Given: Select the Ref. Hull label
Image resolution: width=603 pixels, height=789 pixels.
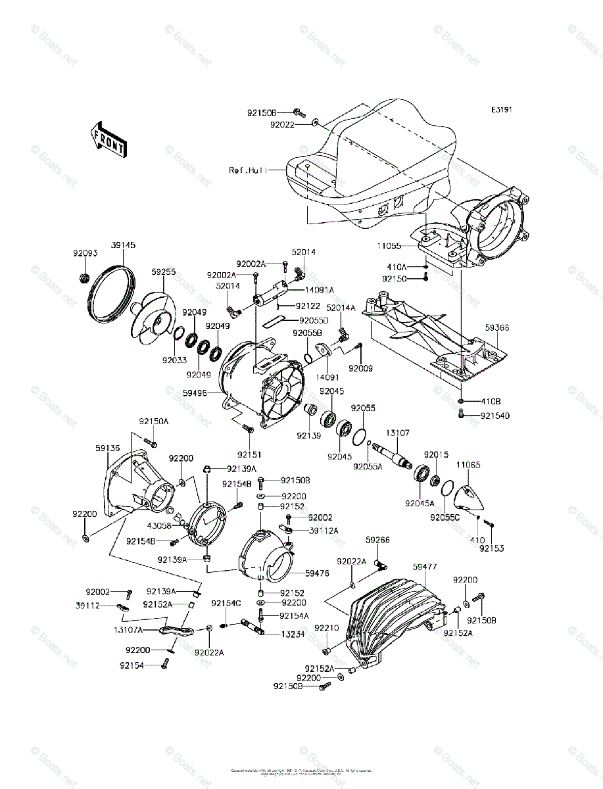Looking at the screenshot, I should coord(248,170).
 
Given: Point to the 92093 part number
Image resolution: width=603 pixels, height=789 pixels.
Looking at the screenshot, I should coord(85,252).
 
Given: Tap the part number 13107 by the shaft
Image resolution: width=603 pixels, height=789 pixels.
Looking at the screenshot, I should coord(397,433).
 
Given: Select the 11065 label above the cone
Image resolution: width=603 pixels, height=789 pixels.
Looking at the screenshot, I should coord(468,465).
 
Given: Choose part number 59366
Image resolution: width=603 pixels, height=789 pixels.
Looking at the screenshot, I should coord(497,327).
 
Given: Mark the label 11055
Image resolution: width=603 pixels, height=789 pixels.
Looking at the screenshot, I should coord(389,246).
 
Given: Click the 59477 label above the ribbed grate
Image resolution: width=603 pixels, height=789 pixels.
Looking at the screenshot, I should coord(425,567).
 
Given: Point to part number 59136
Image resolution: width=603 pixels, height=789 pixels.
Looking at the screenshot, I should coord(107,448).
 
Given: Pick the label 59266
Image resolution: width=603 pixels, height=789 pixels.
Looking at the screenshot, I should coord(377,540).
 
